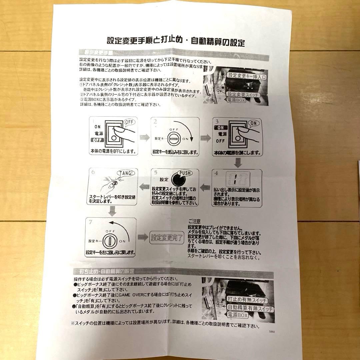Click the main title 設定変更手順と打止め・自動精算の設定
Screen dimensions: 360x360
point(176,42)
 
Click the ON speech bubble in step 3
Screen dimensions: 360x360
point(254,123)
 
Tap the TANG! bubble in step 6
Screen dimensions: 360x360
point(126,173)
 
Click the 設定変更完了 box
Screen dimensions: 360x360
point(167,238)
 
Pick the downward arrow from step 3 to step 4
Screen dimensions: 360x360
point(238,163)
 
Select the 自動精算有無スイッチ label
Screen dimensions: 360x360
point(250,308)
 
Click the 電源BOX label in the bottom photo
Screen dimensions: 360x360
point(238,315)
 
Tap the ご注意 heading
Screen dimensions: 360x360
point(195,221)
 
